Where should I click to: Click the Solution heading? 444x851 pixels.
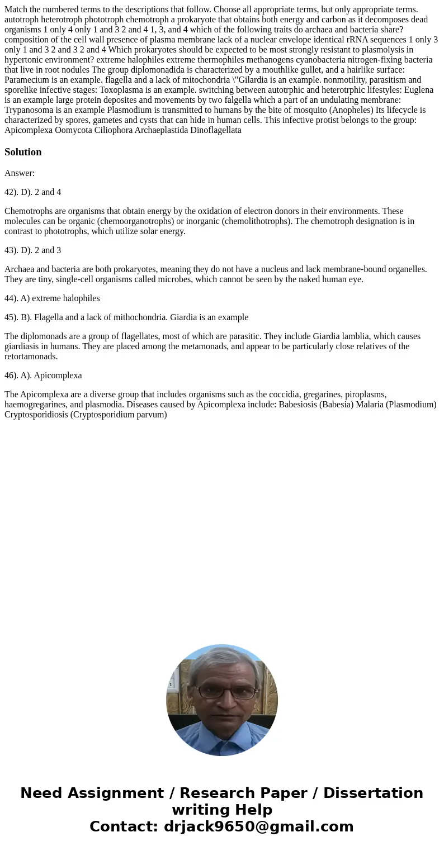23,152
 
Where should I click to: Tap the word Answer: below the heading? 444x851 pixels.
20,173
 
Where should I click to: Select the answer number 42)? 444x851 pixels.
13,192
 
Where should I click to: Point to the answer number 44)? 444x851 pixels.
13,298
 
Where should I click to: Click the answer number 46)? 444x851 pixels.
13,375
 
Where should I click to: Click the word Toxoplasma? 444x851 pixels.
122,89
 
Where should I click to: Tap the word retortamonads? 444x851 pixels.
31,356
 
